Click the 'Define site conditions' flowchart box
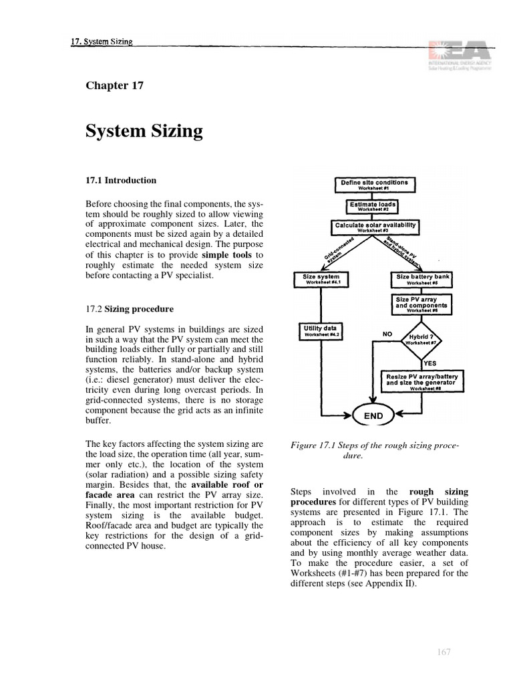tap(374, 184)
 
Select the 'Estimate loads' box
tap(372, 205)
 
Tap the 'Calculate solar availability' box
tap(375, 227)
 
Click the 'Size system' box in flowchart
tap(321, 279)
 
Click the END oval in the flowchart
tap(373, 415)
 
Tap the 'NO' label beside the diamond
tap(388, 332)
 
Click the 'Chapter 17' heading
tap(114, 85)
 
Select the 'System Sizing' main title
tap(144, 131)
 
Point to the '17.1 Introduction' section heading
tap(121, 180)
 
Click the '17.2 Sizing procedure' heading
tap(130, 309)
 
